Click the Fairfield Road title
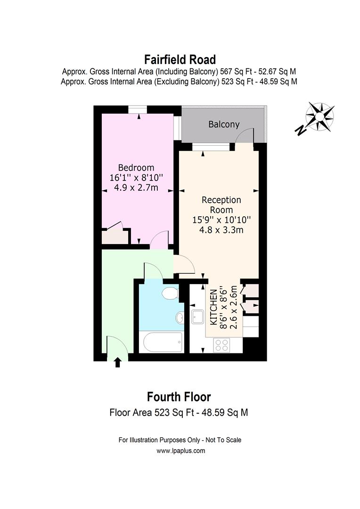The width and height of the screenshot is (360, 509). (x=180, y=60)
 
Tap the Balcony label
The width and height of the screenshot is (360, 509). (x=224, y=124)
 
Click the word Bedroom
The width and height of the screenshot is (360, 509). (x=136, y=167)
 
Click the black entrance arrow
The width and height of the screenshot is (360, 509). (x=117, y=362)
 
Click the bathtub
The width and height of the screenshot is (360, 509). (x=161, y=342)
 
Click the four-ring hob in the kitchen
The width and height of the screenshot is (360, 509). (x=221, y=345)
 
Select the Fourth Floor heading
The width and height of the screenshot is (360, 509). (x=179, y=396)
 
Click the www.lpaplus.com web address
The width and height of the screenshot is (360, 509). (x=180, y=451)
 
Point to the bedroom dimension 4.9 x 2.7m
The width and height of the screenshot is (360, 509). (x=136, y=188)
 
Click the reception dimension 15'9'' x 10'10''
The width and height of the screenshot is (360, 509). (x=221, y=220)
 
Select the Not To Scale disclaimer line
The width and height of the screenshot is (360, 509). (x=180, y=440)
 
